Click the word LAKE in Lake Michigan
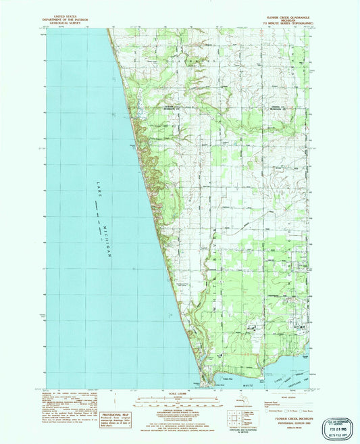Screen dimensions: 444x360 tap(97, 192)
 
